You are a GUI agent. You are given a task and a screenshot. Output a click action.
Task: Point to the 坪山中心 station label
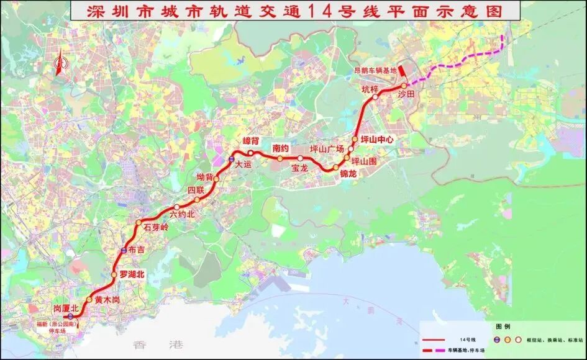click(x=377, y=140)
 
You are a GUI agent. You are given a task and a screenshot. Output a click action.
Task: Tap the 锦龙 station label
click(x=348, y=174)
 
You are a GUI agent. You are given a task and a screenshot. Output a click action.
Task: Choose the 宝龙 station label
click(x=299, y=168)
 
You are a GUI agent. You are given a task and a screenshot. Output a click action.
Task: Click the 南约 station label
click(x=281, y=148)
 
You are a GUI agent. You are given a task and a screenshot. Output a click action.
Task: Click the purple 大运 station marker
click(x=231, y=161)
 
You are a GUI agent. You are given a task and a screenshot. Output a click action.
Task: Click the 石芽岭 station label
click(x=156, y=227)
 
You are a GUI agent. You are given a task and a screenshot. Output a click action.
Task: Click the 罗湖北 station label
click(x=132, y=274)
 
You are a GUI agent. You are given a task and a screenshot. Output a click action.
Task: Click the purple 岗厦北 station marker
click(x=71, y=317)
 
